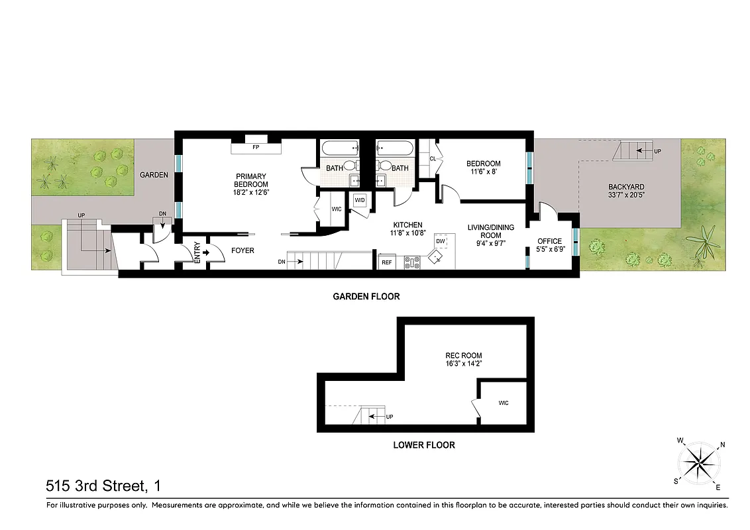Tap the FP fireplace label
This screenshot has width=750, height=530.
tap(255, 139)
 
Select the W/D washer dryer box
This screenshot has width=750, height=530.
tap(360, 200)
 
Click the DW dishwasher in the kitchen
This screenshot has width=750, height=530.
tap(440, 241)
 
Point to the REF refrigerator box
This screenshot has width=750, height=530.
tap(386, 263)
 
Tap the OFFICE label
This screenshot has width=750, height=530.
tap(549, 241)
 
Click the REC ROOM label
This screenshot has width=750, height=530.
tap(463, 356)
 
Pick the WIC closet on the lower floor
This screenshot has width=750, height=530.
tap(503, 403)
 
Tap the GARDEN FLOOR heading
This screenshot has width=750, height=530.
tap(366, 297)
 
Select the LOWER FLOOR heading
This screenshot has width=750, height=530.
tap(423, 445)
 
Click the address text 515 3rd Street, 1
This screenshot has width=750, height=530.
tap(103, 486)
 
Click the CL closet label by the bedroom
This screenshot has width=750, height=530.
tap(433, 159)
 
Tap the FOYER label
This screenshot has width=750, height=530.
tap(242, 250)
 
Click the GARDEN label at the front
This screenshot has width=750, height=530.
tap(154, 176)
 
